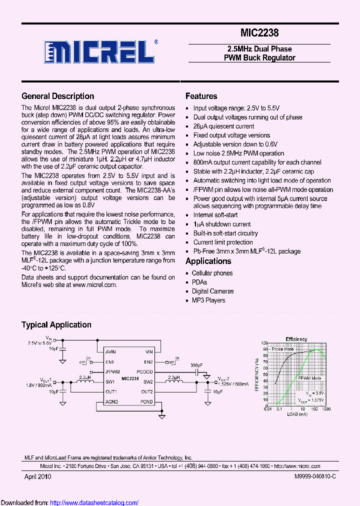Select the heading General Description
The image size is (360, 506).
pos(57,96)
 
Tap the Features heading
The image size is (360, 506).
pos(201,96)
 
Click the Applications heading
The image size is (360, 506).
pos(208,261)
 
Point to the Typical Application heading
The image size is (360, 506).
pos(56,324)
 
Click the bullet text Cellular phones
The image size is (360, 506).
pos(212,273)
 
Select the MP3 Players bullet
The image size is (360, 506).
pos(208,300)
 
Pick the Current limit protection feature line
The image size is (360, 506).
pos(223,242)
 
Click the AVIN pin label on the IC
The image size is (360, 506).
pos(111,351)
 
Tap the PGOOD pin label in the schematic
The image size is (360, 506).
pos(146,372)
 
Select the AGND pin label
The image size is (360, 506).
pos(111,401)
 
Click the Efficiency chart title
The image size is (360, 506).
pos(296,339)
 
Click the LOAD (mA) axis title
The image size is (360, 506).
pos(297,414)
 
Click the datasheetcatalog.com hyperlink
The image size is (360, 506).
pos(94,502)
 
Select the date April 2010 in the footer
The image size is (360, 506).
pos(38,476)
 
